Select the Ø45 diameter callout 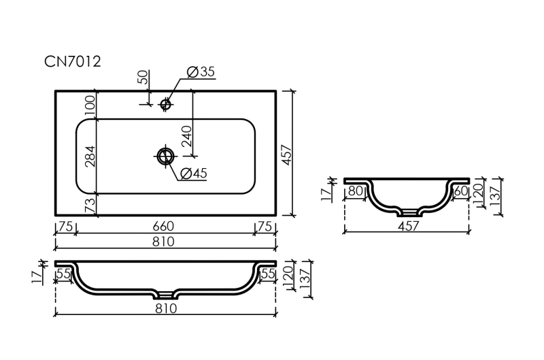click(194, 174)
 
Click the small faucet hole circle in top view click(165, 103)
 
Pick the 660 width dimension click(163, 226)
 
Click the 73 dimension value click(89, 206)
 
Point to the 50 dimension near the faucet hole click(143, 76)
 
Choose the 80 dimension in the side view click(354, 192)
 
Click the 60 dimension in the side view click(460, 192)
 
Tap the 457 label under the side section click(407, 227)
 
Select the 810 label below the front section click(165, 309)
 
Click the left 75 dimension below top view click(65, 226)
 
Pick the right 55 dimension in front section click(267, 274)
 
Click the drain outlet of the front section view click(166, 295)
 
